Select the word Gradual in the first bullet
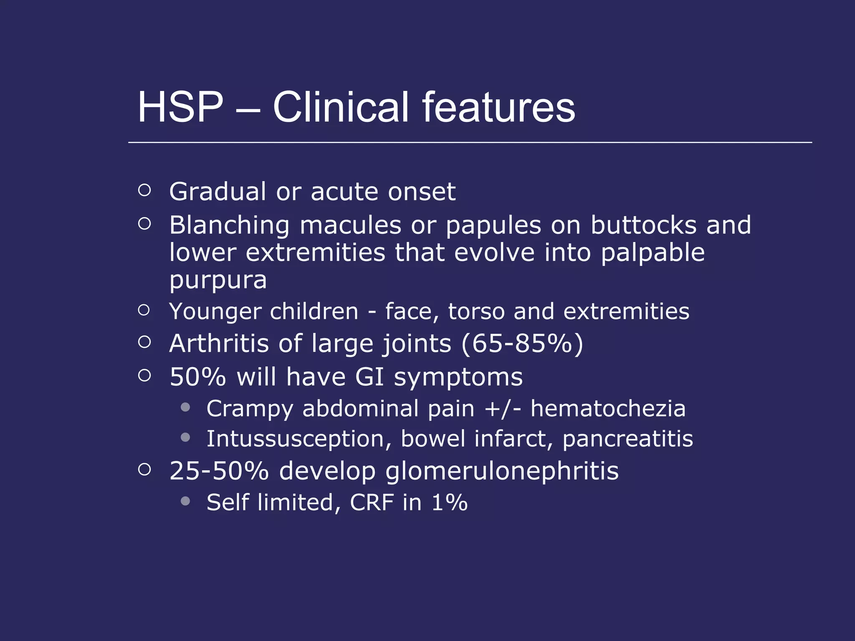coord(217,192)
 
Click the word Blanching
coord(229,226)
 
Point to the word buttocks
coord(643,225)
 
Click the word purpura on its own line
coord(218,281)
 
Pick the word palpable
coord(653,253)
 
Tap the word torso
coord(476,312)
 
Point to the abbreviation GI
coord(369,377)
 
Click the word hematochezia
coord(608,409)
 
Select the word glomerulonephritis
coord(502,472)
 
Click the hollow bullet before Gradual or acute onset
coord(144,190)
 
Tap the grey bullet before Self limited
coord(186,501)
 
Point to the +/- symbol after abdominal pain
coord(503,409)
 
